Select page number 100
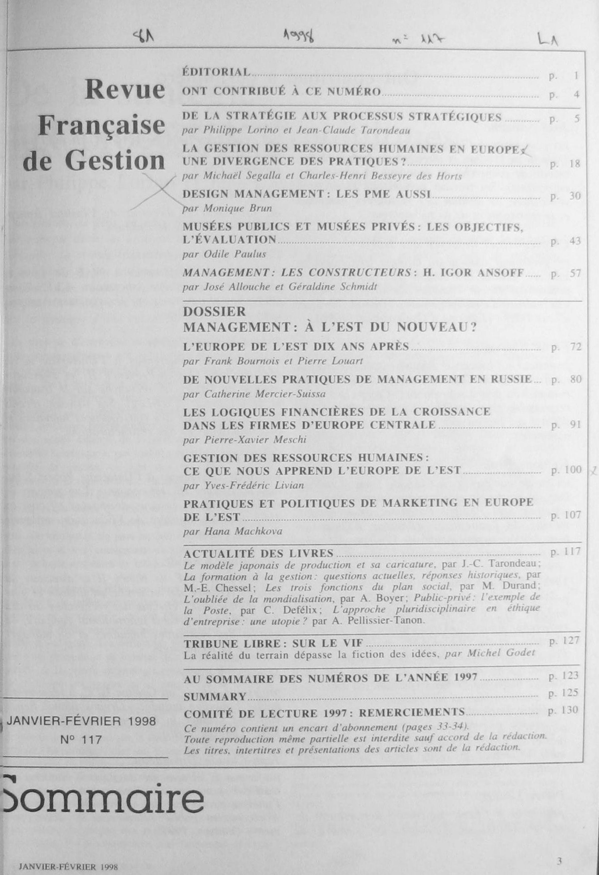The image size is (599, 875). [573, 470]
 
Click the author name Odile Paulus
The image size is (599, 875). [235, 254]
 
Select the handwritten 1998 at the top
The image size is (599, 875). [299, 37]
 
